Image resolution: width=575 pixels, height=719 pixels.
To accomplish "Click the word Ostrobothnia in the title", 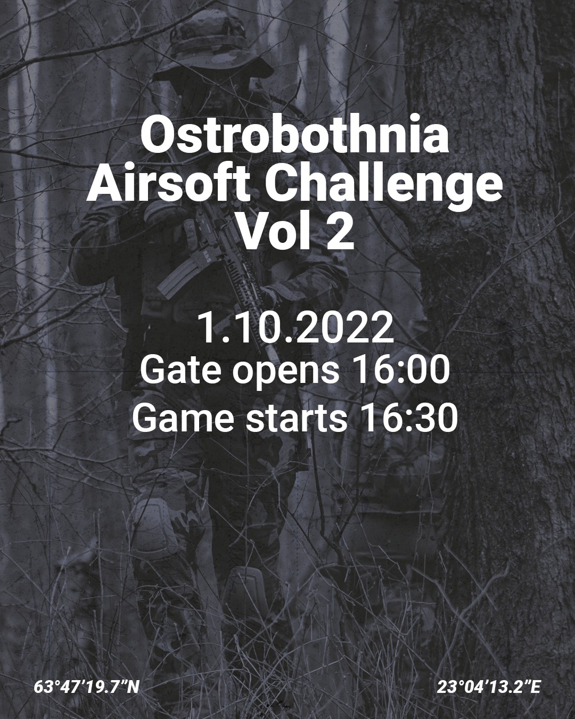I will (294, 137).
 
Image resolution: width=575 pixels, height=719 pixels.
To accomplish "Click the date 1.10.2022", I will (295, 329).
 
